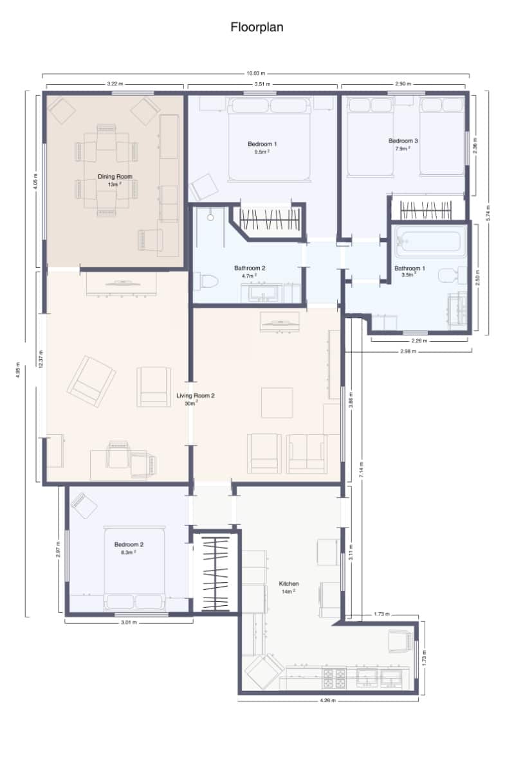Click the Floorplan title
tap(257, 27)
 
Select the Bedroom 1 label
tap(262, 144)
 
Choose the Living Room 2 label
tap(196, 396)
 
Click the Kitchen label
tap(288, 584)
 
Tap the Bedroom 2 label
tap(129, 544)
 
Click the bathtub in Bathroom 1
tap(428, 242)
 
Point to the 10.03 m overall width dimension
tap(256, 73)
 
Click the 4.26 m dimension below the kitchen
tap(327, 701)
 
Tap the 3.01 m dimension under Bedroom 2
tap(129, 622)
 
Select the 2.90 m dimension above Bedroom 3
tap(403, 84)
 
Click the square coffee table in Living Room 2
tap(277, 403)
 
